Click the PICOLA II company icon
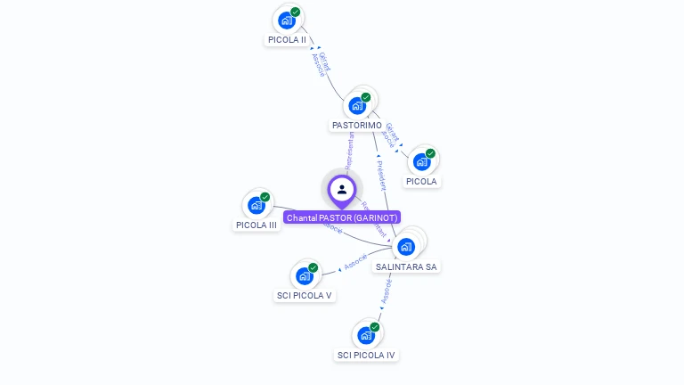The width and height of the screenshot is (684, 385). [x=286, y=20]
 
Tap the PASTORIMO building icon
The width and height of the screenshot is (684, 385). [x=357, y=105]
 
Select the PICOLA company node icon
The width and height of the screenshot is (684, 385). [x=421, y=161]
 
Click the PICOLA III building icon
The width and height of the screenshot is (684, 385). [x=256, y=205]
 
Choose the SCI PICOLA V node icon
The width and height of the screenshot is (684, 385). [x=305, y=275]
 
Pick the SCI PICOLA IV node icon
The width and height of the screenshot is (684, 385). [x=365, y=335]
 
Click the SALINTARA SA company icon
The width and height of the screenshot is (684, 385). [x=406, y=246]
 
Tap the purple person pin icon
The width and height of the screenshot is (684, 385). [x=342, y=190]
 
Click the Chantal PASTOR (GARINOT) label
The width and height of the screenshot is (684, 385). [x=342, y=217]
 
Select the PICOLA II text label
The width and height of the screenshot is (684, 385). [x=287, y=40]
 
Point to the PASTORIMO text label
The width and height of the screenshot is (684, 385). [x=357, y=126]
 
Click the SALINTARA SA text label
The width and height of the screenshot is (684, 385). [x=406, y=266]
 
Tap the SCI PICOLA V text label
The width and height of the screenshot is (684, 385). [x=304, y=296]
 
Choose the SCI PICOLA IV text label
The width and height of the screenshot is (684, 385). [x=365, y=355]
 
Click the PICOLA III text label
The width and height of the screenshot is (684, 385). [x=256, y=225]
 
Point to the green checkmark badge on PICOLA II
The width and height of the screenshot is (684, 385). [x=295, y=12]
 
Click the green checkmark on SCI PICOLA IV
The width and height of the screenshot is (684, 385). [x=374, y=327]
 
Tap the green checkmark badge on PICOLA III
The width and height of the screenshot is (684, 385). [x=265, y=197]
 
